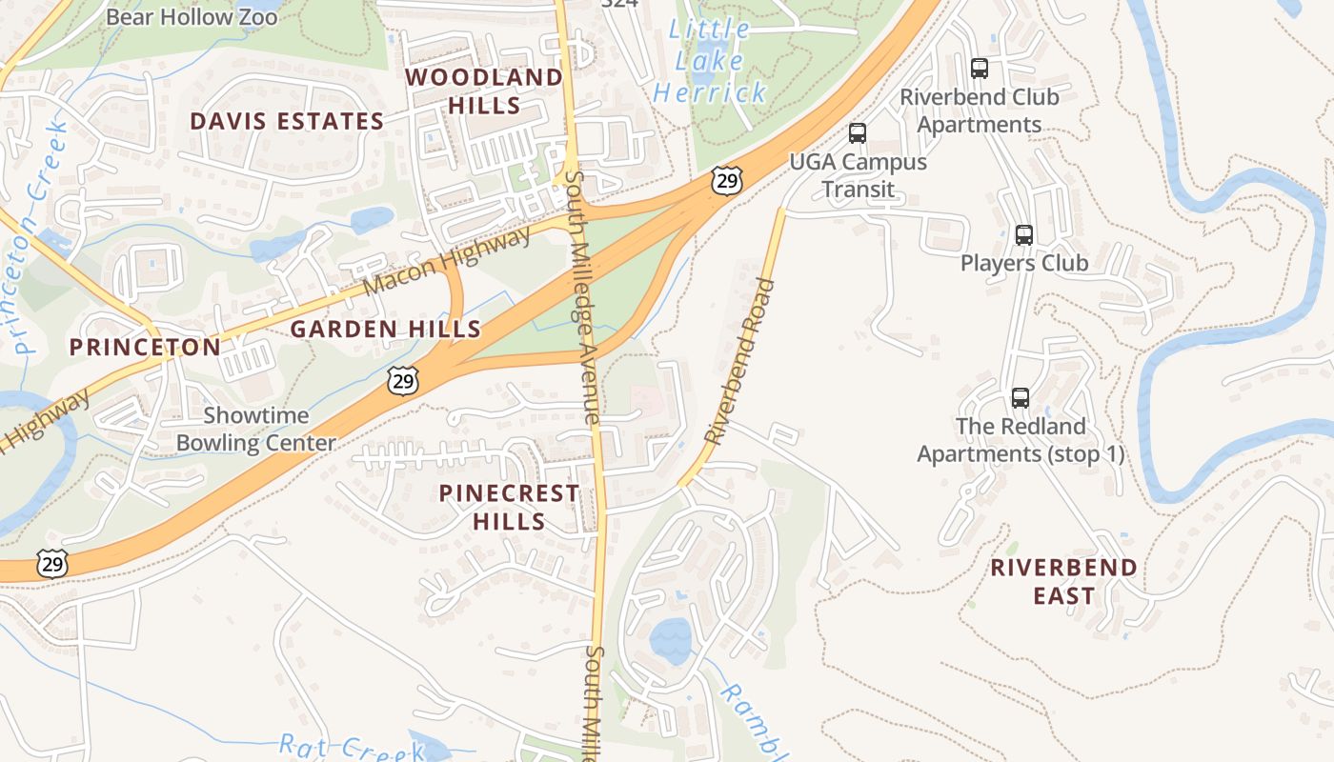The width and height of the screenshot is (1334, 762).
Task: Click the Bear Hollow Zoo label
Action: click(x=192, y=17)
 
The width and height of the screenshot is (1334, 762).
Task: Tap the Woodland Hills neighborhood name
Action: click(x=484, y=90)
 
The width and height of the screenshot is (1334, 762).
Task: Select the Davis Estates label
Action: click(x=286, y=121)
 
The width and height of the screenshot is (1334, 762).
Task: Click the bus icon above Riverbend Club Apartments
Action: click(x=979, y=69)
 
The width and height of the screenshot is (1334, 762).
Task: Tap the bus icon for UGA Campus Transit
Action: click(x=858, y=133)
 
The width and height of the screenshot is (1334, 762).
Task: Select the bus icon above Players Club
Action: click(x=1023, y=234)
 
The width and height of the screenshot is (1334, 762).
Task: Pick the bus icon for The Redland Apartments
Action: click(x=1021, y=397)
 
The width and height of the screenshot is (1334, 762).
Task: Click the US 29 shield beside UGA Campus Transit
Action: click(x=726, y=181)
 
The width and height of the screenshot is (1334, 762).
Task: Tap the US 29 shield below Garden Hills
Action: click(x=403, y=380)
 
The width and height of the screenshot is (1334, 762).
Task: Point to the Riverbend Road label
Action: click(x=739, y=361)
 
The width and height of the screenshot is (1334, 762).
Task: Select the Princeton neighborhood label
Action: click(x=145, y=347)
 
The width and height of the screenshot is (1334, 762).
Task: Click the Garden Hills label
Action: click(x=385, y=330)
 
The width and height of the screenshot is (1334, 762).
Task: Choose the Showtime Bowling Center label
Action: click(x=255, y=430)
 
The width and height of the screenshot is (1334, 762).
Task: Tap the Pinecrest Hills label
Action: click(x=509, y=507)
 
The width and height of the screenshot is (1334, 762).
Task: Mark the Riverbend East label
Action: click(x=1063, y=581)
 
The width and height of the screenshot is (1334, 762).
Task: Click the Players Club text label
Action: click(x=1023, y=263)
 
